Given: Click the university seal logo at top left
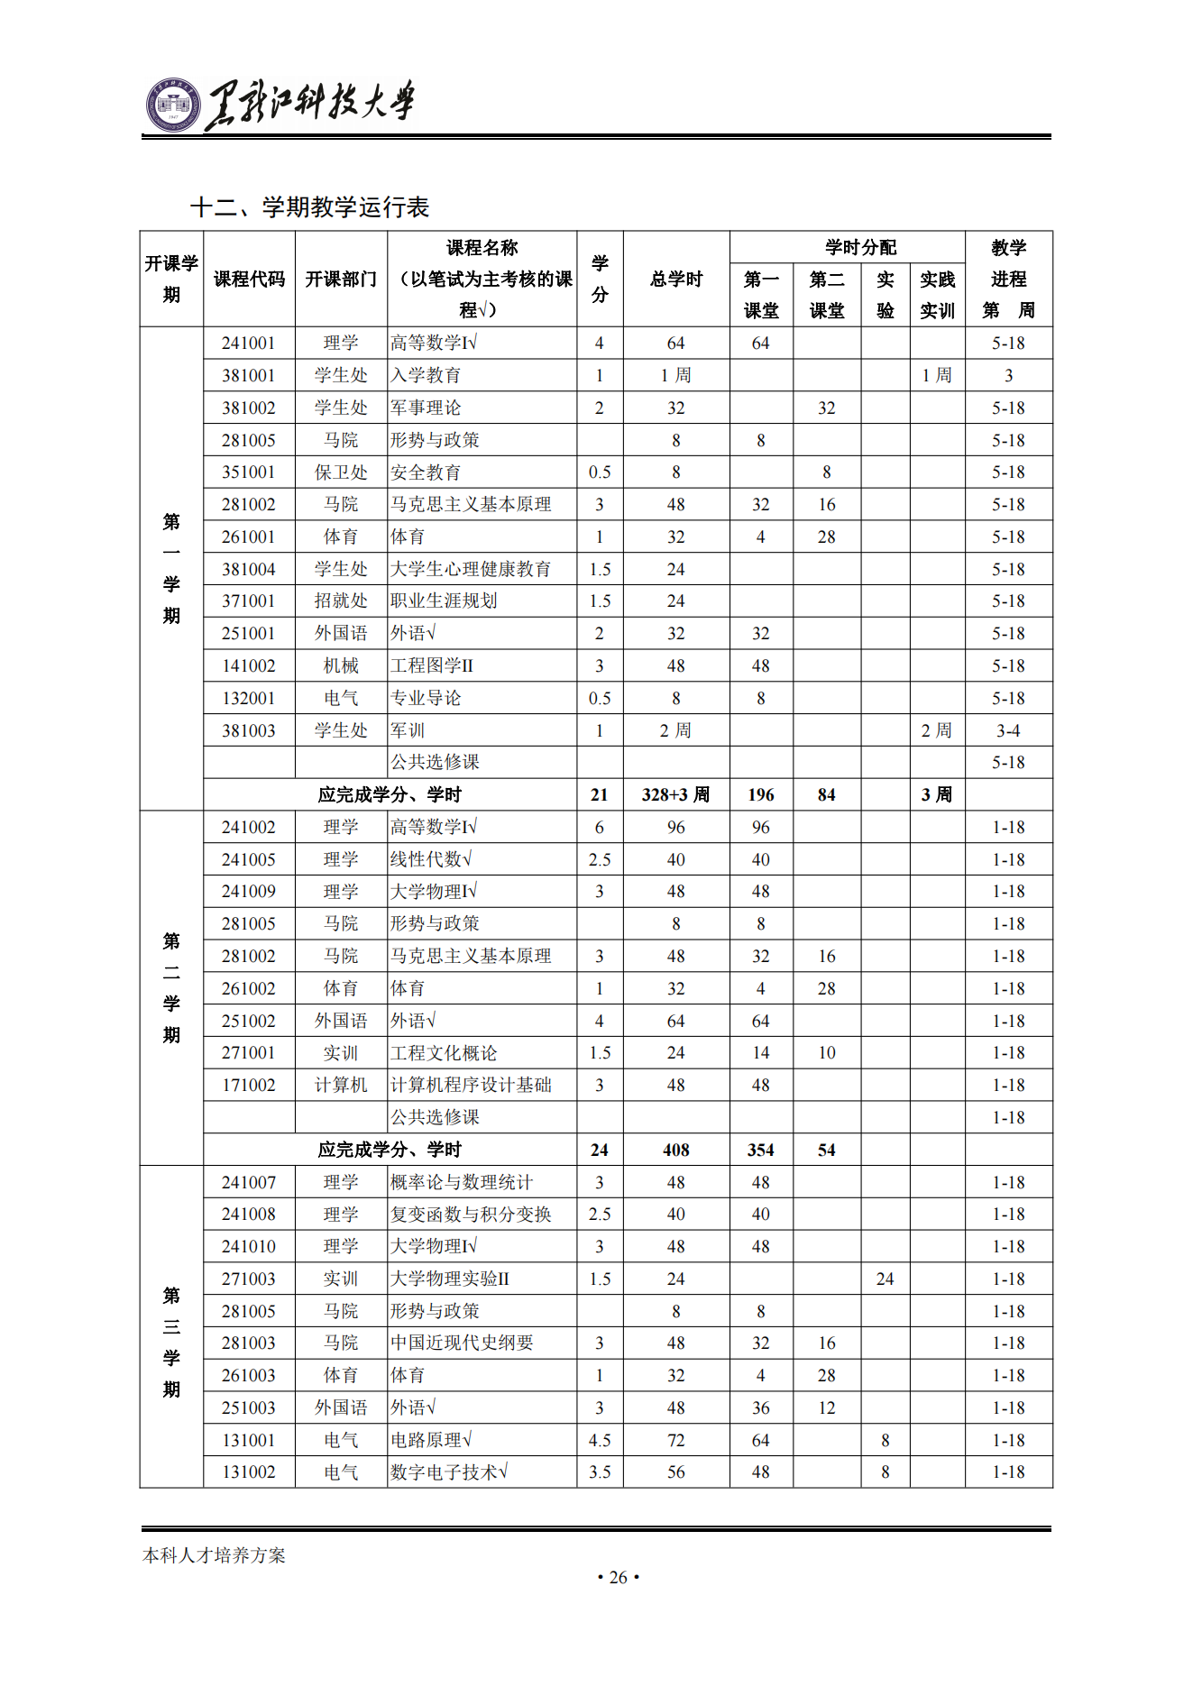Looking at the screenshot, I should tap(173, 105).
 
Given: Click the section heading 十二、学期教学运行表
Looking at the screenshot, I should tap(309, 207).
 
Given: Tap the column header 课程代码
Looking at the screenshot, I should tap(249, 280).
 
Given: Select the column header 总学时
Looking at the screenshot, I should tap(675, 280).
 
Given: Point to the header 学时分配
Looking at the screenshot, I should tap(860, 247).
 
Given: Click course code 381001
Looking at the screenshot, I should tap(249, 375).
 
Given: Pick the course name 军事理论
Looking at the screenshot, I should tap(426, 408).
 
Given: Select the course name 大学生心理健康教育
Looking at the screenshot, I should tap(471, 569).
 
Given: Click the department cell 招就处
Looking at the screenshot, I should tap(341, 601).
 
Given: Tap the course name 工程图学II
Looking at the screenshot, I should tap(432, 665).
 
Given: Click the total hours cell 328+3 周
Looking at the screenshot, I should tap(675, 794).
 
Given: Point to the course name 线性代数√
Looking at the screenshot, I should tap(431, 859).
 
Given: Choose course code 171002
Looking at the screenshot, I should tap(249, 1085).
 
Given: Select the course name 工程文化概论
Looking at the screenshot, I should tap(444, 1053).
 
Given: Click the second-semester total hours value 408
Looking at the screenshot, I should tap(675, 1150).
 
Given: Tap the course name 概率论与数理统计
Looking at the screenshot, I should tap(462, 1182).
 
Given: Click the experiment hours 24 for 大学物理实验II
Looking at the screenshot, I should tap(885, 1279).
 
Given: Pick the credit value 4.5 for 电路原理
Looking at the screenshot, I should tap(600, 1440).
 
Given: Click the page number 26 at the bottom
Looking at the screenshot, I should tap(619, 1577).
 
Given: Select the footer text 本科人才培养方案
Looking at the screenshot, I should tap(214, 1555).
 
